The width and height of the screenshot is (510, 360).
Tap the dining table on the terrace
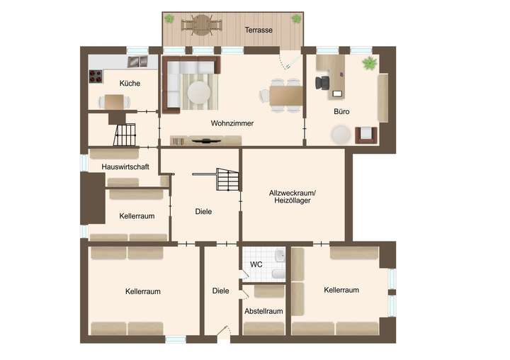tap(201, 27)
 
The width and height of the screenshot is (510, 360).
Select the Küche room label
tap(130, 83)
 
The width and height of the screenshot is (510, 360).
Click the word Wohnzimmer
tap(232, 123)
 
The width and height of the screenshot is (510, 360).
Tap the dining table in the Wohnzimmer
tap(285, 94)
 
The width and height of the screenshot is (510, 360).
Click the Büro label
tap(341, 112)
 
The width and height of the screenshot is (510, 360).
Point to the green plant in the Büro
tap(368, 64)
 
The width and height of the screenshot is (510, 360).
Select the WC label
tap(256, 264)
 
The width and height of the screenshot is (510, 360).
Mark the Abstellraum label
tap(263, 310)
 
